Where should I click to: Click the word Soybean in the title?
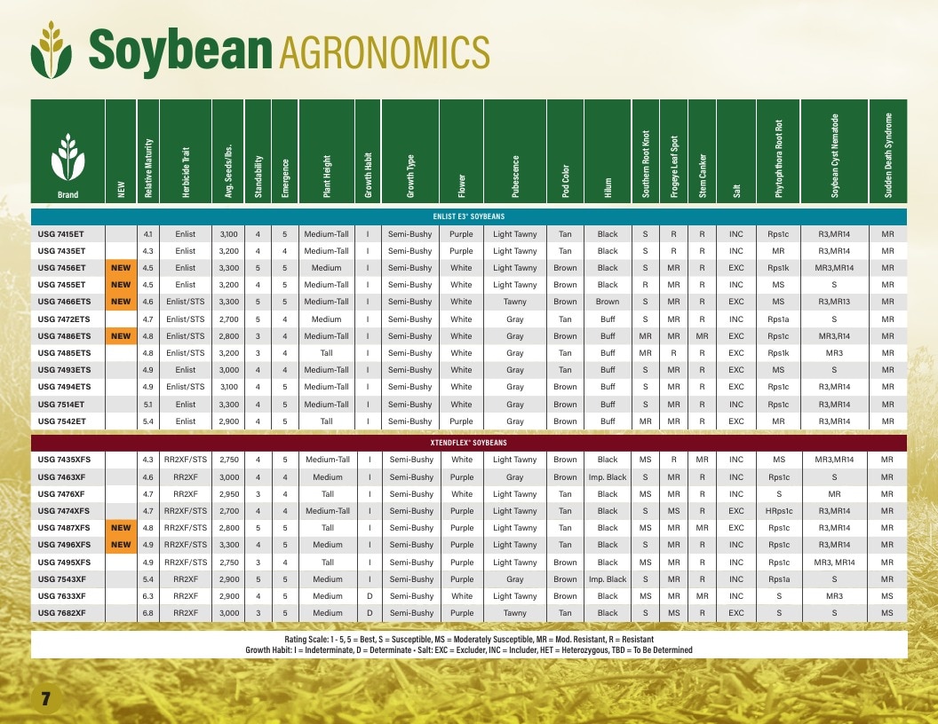180,51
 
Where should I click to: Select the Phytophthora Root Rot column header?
778,159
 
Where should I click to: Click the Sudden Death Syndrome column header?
887,155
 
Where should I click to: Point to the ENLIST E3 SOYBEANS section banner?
469,216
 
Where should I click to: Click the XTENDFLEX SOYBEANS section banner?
469,443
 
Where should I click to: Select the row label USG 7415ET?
61,234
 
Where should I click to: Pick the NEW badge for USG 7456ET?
121,268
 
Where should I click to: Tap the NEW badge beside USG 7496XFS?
121,544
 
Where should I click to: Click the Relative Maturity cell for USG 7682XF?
147,613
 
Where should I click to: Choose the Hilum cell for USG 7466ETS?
608,302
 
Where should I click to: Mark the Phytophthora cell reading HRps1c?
778,511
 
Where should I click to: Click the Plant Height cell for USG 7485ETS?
326,353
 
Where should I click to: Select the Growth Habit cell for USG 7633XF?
370,596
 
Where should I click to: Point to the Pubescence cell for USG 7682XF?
514,613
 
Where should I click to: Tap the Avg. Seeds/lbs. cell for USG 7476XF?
229,494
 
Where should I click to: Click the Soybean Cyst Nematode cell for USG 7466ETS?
834,302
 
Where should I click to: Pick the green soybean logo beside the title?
52,51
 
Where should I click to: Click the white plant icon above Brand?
68,157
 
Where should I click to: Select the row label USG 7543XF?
61,579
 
